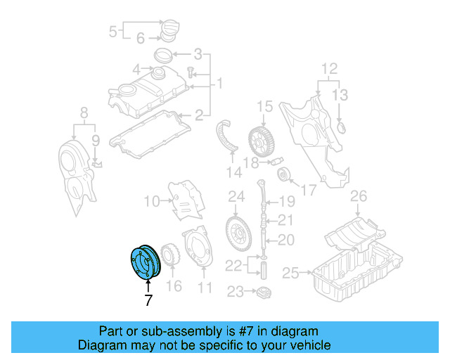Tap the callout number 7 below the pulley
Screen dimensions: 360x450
pos(148,300)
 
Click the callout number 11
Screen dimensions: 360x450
pos(205,287)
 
